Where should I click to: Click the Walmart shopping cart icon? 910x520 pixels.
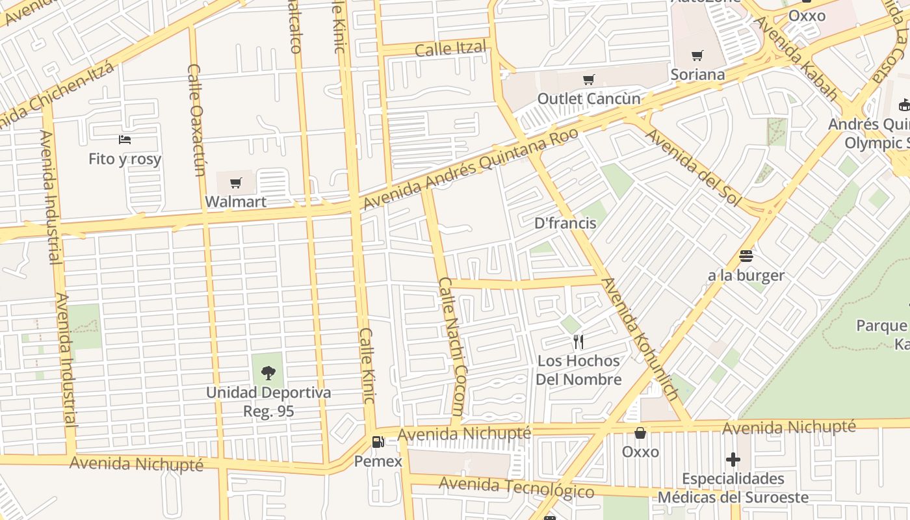pos(236,183)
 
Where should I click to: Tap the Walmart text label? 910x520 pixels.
pos(236,201)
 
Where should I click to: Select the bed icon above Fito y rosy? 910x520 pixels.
pos(125,140)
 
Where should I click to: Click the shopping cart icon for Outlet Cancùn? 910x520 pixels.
pos(588,80)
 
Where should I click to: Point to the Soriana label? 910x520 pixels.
pos(697,74)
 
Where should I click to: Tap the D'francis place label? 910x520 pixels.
pos(565,223)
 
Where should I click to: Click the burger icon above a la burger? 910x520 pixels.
pos(746,256)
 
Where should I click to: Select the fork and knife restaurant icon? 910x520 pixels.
pos(578,341)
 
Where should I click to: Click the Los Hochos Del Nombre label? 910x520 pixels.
pos(578,370)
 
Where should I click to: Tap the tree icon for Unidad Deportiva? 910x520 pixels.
pos(268,373)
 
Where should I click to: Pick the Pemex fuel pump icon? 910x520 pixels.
pos(378,443)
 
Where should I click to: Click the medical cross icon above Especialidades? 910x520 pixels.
pos(733,460)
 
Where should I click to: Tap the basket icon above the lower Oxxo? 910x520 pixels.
pos(640,433)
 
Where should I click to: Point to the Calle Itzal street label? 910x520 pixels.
pos(450,48)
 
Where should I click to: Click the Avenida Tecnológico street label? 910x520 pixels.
pos(516,487)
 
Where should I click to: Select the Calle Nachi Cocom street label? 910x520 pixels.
pos(452,346)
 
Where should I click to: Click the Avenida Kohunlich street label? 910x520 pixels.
pos(640,339)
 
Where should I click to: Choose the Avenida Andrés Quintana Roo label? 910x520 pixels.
pos(469,168)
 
